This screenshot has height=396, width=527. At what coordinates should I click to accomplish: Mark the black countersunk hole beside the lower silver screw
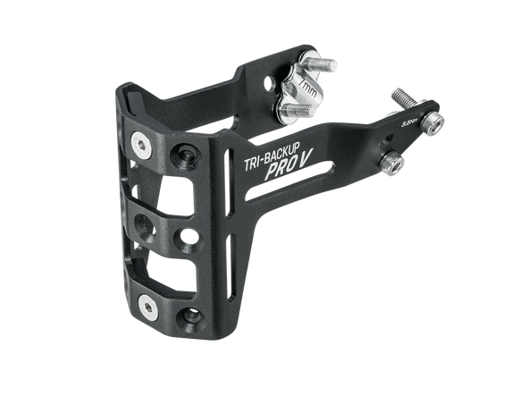[x=190, y=316]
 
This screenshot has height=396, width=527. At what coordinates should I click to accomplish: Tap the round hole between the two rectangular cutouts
[x=190, y=236]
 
